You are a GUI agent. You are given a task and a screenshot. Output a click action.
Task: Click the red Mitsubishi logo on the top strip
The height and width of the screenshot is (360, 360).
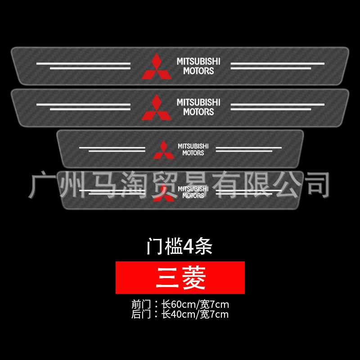157,67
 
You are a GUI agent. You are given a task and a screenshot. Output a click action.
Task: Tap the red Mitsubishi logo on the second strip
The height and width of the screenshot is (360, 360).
157,108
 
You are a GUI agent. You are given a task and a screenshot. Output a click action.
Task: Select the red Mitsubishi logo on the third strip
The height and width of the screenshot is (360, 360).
163,150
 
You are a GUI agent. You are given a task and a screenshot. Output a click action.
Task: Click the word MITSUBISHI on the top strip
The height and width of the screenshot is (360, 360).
198,61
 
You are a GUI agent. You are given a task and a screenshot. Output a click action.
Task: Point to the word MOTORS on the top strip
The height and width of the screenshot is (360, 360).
198,71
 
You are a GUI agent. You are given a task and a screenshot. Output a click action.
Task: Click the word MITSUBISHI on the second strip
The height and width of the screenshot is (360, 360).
198,102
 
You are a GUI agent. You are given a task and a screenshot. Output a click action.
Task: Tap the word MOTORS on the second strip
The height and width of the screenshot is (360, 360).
198,112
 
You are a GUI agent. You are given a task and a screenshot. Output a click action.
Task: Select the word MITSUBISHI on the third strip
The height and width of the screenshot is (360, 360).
193,146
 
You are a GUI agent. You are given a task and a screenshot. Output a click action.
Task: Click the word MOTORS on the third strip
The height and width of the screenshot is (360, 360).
193,153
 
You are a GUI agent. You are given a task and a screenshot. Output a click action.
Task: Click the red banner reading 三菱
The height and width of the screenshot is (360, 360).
180,278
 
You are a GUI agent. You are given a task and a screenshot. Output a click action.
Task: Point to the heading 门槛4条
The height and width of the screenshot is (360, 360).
180,246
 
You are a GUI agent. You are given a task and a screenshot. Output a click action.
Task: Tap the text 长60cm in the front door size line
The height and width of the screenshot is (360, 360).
178,305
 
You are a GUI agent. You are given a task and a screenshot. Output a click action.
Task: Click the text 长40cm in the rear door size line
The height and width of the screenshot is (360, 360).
178,314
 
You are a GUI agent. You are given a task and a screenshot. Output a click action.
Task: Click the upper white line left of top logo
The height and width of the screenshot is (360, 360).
83,63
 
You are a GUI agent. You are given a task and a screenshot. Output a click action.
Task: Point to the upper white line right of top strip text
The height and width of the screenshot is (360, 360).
277,63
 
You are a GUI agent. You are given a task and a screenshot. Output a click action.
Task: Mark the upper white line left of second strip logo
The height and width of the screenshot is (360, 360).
83,104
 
